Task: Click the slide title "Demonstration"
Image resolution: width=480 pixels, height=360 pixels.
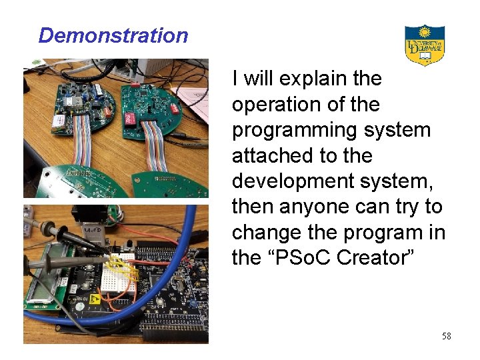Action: pos(113,35)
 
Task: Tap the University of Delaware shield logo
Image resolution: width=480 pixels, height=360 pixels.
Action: pos(425,45)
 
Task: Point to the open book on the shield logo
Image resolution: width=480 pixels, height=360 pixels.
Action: pos(425,56)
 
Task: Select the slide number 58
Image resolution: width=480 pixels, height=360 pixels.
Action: pos(446,336)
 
